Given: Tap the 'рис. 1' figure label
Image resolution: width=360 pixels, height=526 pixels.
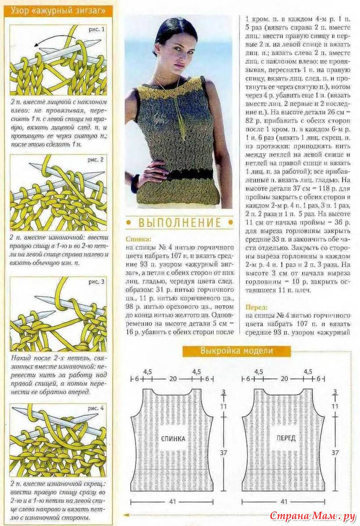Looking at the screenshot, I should pos(96,30).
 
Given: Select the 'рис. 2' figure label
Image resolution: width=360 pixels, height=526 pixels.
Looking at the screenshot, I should pos(96,160).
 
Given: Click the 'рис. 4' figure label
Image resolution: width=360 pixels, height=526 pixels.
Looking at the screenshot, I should pos(96,408).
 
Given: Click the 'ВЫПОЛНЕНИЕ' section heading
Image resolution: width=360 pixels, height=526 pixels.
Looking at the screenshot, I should pos(180,223).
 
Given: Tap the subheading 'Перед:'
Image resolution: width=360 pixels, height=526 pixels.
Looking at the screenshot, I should pos(256,307).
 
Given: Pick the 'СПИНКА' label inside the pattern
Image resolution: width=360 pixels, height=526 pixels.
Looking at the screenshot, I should pos(173,438).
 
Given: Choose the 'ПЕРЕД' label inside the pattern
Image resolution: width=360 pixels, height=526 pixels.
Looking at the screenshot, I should pos(285,438).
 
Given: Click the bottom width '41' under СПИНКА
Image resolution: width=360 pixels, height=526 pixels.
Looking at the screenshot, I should pos(173,501).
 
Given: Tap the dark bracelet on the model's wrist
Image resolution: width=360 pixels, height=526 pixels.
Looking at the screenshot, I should pos(135,184).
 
